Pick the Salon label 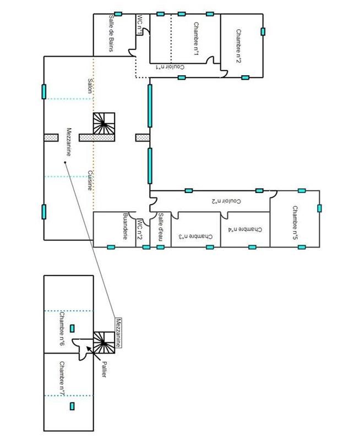[89, 86]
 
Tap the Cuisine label [89, 180]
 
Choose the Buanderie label [126, 227]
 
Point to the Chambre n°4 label [246, 229]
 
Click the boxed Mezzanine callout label [118, 333]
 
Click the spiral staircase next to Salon [104, 124]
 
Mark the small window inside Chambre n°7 [72, 406]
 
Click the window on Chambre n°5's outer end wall [319, 208]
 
